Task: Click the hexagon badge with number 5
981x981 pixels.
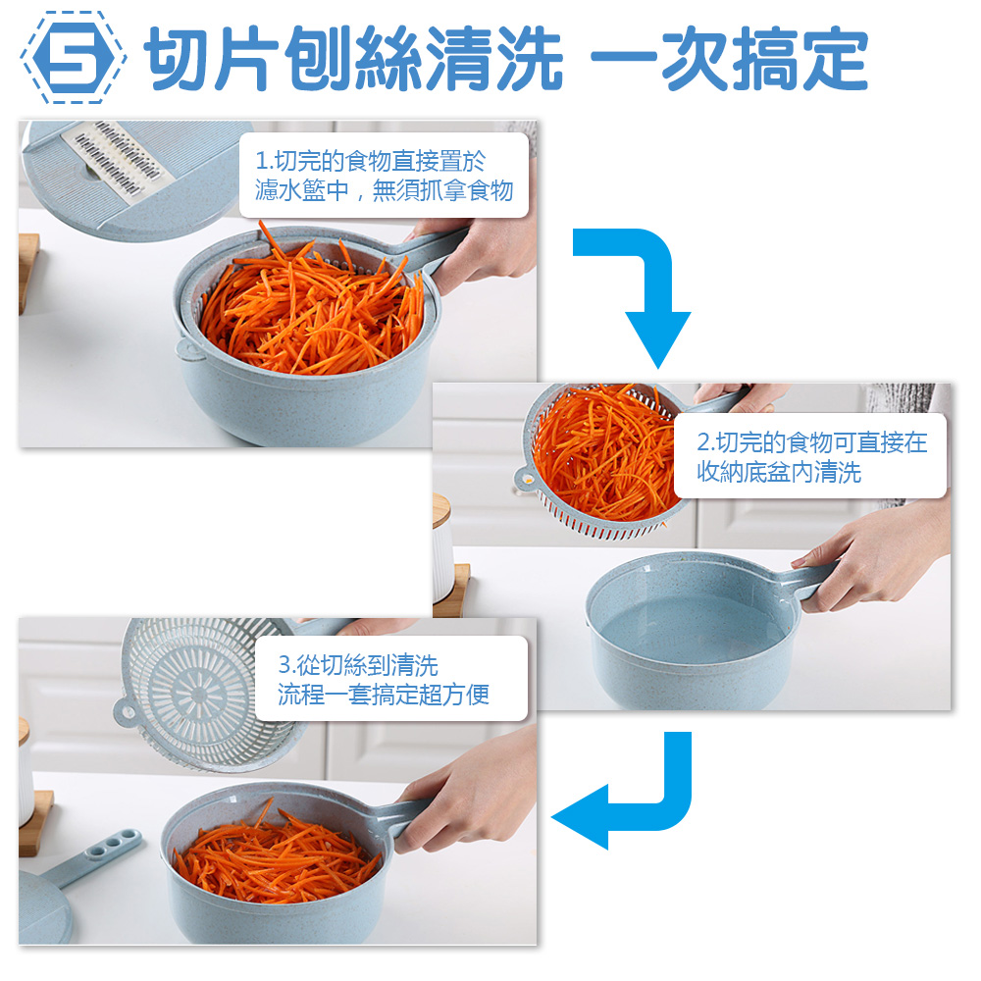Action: point(74,58)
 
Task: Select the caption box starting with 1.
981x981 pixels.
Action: point(385,176)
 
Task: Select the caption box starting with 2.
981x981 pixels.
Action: point(810,456)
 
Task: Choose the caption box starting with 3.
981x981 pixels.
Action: point(391,678)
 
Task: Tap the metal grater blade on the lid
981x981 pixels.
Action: point(118,156)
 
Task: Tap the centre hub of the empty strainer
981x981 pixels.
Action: point(199,694)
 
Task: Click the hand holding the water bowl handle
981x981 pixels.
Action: point(876,557)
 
